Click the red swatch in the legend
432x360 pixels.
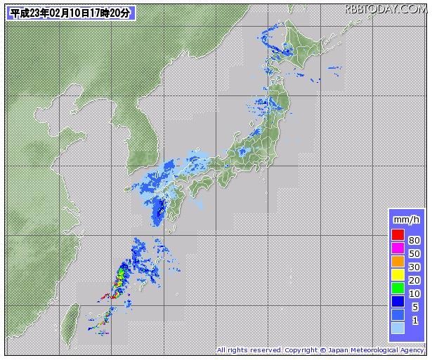(x=398, y=234)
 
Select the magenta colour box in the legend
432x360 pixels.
(x=398, y=248)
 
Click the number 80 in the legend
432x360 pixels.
(x=414, y=241)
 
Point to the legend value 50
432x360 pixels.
(x=414, y=254)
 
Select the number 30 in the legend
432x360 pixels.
(x=414, y=267)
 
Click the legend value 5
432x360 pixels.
(x=415, y=307)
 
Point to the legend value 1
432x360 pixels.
(x=415, y=321)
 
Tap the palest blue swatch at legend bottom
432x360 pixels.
(x=398, y=328)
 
